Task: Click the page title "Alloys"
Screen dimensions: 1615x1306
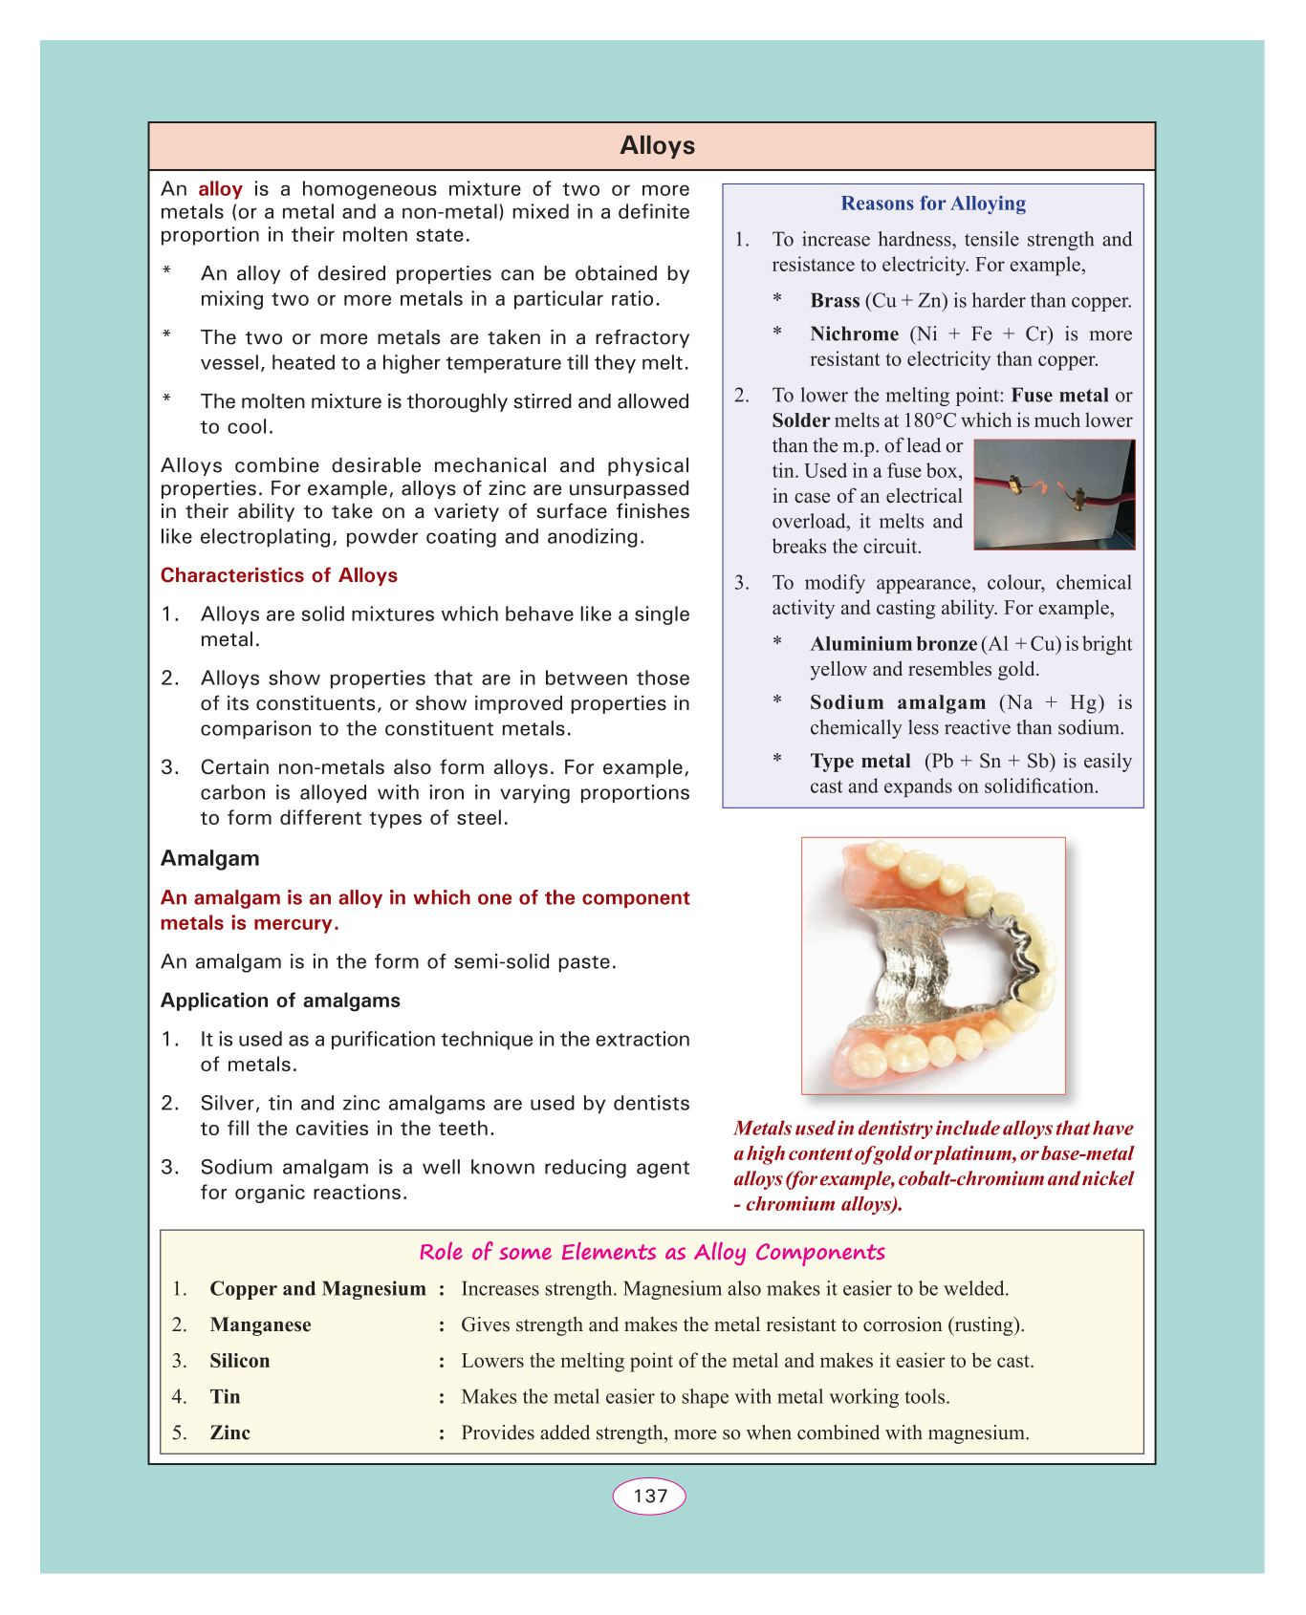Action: (x=657, y=146)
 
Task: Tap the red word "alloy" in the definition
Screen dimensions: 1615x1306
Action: (x=220, y=189)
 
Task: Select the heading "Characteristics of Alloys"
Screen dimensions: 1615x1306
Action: (x=278, y=575)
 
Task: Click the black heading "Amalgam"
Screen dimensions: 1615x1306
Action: (x=209, y=858)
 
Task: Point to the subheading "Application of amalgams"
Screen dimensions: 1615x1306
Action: (x=280, y=1001)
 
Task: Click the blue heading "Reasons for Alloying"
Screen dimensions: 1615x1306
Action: (x=933, y=204)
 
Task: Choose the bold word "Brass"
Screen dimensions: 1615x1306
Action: (x=835, y=301)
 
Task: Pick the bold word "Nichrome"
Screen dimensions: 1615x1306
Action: (x=854, y=334)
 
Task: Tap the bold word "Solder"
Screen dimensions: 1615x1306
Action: (x=800, y=421)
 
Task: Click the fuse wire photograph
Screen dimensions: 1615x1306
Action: (x=1054, y=494)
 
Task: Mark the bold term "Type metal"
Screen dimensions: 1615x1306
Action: (x=860, y=762)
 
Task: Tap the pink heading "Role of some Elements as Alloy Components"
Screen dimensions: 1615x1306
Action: (x=652, y=1253)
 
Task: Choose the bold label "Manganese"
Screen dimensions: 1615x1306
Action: (x=260, y=1325)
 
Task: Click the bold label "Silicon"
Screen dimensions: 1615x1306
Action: (x=239, y=1361)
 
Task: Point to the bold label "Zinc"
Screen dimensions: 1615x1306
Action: (x=229, y=1433)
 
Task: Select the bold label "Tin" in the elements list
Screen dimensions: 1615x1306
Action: (x=225, y=1397)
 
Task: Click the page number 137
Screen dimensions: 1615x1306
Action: (x=650, y=1497)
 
